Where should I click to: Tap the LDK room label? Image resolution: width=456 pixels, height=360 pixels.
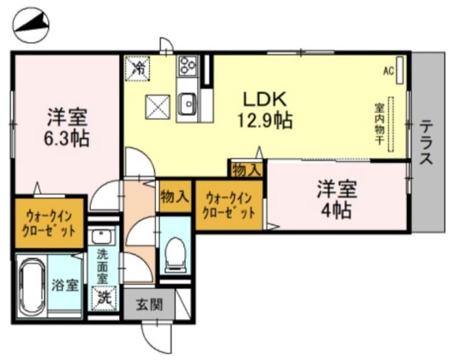(264, 100)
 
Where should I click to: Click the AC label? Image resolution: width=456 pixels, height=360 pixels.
(389, 71)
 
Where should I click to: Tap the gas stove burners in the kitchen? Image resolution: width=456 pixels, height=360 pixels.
(187, 66)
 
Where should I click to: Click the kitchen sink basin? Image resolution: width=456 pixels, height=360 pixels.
(187, 104)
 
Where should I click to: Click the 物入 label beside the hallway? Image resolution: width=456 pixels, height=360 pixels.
(174, 197)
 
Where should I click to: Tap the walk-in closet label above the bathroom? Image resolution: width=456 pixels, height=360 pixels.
(50, 223)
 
